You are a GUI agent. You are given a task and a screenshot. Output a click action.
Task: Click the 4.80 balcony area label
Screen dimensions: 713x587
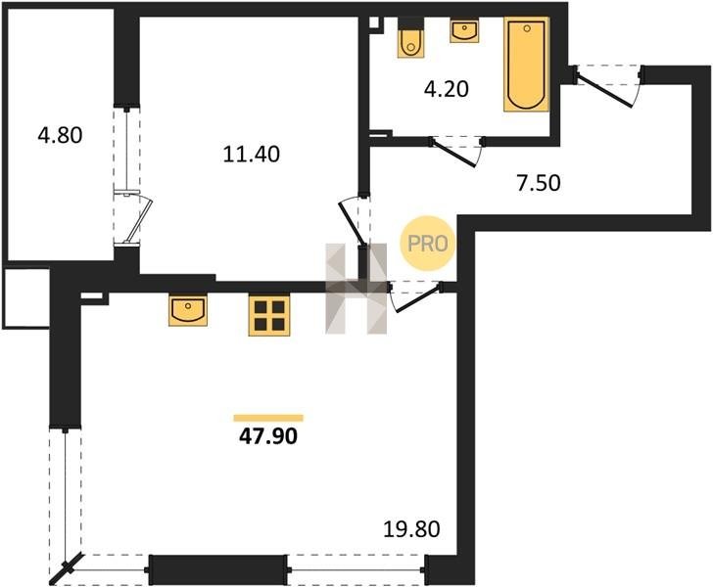click(60, 135)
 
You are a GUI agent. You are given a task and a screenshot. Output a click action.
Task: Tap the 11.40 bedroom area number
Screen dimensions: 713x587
click(252, 155)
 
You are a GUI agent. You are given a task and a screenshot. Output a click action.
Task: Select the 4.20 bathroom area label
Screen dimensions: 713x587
click(446, 89)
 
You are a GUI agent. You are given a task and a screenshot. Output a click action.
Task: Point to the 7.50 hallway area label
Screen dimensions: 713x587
click(539, 183)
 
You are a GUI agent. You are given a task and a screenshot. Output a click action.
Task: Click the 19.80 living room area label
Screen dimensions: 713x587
click(411, 529)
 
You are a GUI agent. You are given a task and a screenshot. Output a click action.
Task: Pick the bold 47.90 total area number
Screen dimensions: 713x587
click(268, 436)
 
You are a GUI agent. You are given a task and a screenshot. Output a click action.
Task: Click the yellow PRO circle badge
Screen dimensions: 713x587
click(427, 244)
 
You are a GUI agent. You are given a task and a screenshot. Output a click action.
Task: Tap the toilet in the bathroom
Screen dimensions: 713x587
click(411, 38)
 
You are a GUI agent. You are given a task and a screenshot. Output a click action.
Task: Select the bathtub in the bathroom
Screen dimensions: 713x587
click(527, 64)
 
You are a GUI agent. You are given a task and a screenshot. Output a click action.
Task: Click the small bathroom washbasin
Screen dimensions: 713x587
click(464, 30)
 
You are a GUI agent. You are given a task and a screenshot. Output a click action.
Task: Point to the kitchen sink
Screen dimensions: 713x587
click(188, 310)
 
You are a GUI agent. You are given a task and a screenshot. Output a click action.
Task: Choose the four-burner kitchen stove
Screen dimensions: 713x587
click(269, 315)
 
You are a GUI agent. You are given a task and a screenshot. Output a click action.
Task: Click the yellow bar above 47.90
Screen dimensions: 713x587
click(268, 418)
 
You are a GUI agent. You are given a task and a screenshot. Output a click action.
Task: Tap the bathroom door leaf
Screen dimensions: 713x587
click(453, 154)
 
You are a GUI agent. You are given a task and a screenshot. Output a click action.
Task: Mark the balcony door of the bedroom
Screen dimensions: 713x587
click(139, 220)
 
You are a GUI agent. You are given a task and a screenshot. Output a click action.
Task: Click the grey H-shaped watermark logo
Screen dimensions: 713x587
click(356, 289)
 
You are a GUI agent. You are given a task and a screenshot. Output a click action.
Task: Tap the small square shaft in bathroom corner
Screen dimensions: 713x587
click(374, 23)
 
